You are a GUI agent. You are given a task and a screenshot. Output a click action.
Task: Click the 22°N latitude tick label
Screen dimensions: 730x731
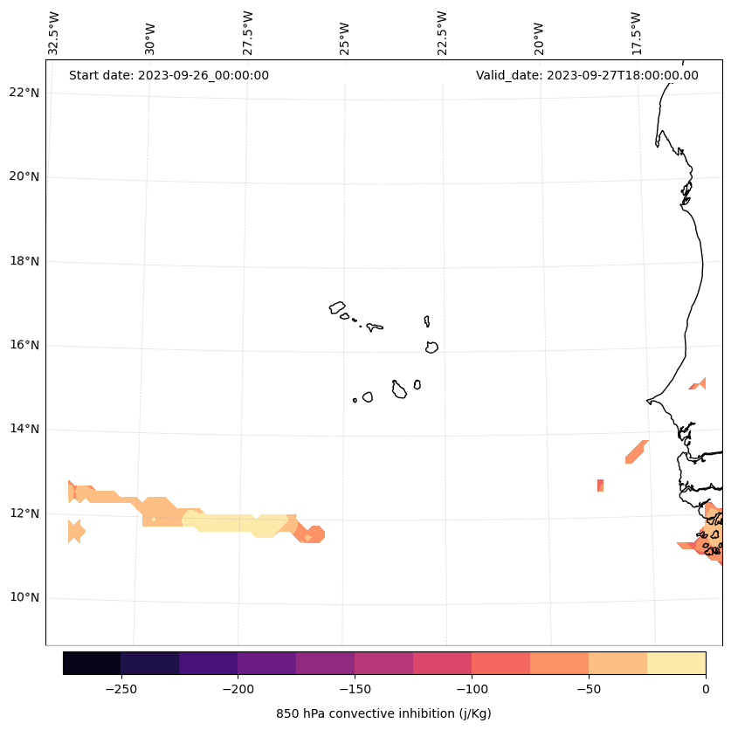(23, 93)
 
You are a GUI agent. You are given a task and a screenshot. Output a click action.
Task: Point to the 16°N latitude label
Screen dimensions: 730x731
(23, 345)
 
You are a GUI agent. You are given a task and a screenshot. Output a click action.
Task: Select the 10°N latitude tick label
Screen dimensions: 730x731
(23, 597)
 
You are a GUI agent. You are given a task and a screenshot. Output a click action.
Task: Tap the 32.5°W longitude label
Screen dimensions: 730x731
(54, 33)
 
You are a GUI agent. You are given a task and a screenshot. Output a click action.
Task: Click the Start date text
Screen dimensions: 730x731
(169, 75)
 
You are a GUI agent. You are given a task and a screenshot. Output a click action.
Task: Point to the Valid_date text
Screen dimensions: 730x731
(587, 75)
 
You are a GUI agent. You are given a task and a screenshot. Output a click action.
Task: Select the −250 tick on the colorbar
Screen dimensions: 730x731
(121, 688)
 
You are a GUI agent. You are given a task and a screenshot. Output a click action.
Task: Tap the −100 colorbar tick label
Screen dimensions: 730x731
(472, 688)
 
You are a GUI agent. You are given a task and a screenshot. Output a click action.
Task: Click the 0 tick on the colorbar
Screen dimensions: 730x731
(706, 688)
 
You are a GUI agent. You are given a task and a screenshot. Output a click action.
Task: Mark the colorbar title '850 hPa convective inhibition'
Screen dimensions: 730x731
(383, 713)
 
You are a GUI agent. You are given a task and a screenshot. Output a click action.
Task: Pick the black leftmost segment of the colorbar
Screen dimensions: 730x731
(92, 663)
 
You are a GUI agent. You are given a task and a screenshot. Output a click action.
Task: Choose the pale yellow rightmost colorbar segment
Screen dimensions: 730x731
(676, 663)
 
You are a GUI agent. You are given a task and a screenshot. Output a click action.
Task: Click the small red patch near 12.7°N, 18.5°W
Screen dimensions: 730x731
(600, 486)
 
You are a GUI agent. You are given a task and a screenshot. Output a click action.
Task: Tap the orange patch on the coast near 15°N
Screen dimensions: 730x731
(699, 384)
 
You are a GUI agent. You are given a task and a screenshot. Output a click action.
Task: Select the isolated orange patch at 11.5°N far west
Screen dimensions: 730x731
(76, 531)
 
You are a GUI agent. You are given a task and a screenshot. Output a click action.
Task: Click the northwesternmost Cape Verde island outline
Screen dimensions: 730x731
(337, 306)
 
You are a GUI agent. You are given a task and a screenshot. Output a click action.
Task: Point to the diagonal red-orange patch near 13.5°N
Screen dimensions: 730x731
(637, 451)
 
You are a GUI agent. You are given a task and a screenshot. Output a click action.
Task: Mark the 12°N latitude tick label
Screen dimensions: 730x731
(23, 513)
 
